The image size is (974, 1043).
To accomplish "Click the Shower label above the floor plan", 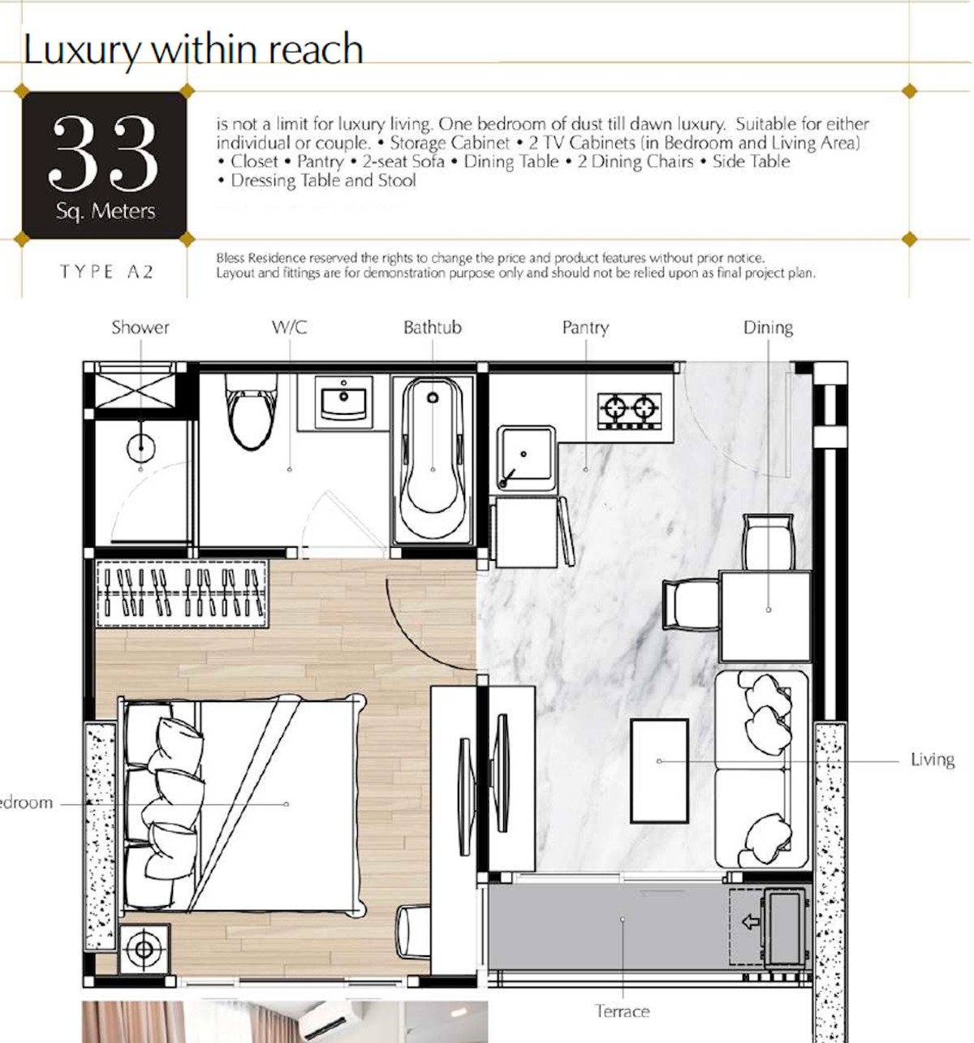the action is point(140,328).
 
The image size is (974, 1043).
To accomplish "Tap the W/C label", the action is point(290,328).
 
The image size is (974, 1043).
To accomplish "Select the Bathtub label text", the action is point(433,328).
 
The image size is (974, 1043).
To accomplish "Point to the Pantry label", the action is point(586,328).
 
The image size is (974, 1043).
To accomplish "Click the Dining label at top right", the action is point(768,328).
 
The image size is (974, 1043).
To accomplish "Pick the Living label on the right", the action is point(933,760).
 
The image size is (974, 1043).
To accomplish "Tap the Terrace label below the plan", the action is point(622,1011).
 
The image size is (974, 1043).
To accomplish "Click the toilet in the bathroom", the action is point(251,412).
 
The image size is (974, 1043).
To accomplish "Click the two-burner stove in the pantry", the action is point(629,411).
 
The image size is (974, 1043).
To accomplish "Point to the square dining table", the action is point(765,616).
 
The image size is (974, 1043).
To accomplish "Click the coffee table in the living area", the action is point(659,770).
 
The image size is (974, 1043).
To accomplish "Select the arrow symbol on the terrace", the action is point(751,921).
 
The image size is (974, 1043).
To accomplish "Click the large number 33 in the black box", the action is point(104,153).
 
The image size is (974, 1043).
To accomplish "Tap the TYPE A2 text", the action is point(106,272).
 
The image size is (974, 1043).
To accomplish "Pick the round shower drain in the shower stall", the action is point(140,448).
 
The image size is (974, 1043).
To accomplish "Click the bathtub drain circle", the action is point(433,398).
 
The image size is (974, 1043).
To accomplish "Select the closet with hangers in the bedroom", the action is point(181,593).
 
